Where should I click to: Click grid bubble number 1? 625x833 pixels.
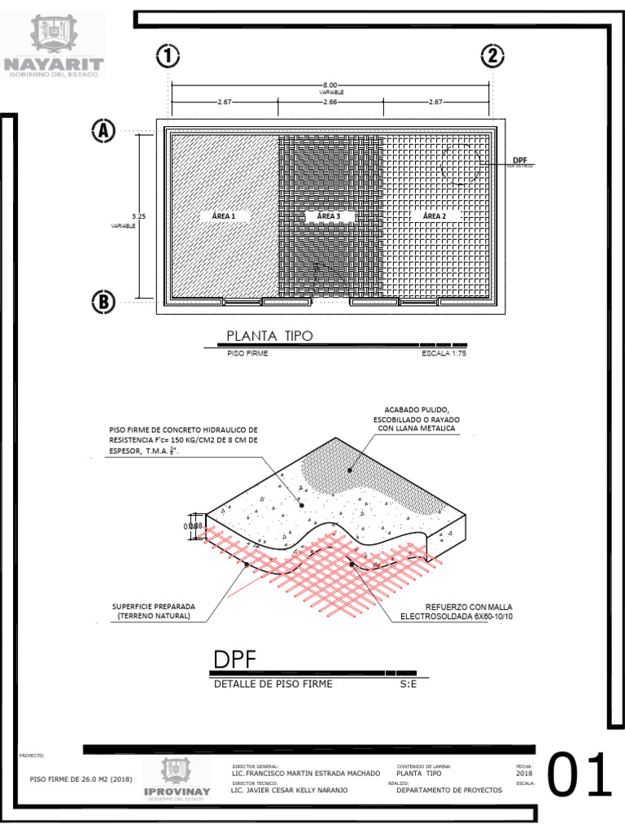pos(168,57)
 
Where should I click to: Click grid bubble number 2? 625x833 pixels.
pos(492,57)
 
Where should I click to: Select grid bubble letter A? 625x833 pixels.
pos(103,131)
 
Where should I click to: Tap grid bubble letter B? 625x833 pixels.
pos(103,302)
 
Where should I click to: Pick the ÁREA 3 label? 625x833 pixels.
pos(329,216)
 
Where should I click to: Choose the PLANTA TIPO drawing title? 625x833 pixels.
pos(269,336)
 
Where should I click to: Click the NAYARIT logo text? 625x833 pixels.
pos(55,63)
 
